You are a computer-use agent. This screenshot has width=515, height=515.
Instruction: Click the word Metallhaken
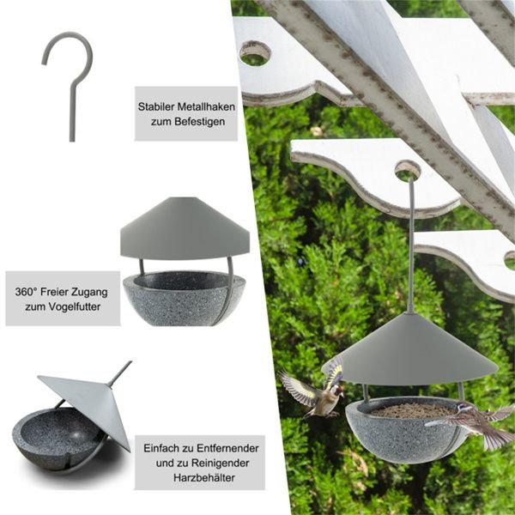[206, 106]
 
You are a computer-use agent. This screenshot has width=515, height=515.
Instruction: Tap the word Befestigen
[200, 122]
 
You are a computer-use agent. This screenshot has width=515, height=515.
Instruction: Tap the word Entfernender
[227, 448]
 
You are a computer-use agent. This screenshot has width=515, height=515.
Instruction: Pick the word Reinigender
[221, 463]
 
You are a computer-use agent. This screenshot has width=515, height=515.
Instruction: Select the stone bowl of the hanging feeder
[406, 430]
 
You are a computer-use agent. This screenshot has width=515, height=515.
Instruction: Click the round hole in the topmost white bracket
[255, 53]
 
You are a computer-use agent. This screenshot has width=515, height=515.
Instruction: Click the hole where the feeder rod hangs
[408, 171]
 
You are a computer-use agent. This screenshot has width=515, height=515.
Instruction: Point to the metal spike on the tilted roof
[120, 373]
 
